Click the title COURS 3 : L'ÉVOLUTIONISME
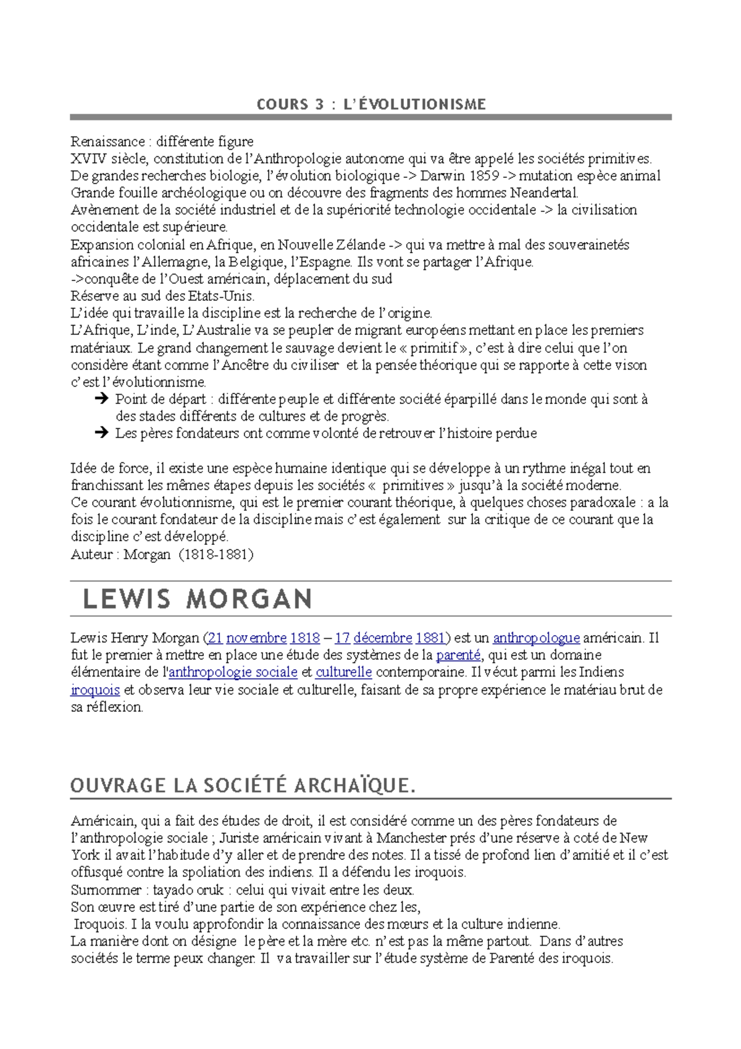click(x=371, y=104)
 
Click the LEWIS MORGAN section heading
click(x=198, y=599)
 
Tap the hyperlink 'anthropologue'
click(x=536, y=638)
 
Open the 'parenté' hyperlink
click(x=458, y=655)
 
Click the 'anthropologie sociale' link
click(x=233, y=672)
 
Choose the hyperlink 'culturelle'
click(x=343, y=672)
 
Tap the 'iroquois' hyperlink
click(x=95, y=689)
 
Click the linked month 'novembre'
click(x=256, y=638)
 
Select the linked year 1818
click(x=305, y=638)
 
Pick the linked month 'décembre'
click(x=382, y=638)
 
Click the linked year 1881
click(x=430, y=638)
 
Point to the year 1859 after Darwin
click(x=484, y=175)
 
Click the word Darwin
click(x=442, y=175)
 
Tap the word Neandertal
click(x=544, y=193)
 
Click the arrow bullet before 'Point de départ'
click(x=101, y=399)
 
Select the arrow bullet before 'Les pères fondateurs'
click(x=101, y=433)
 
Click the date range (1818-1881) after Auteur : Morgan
click(x=216, y=554)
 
